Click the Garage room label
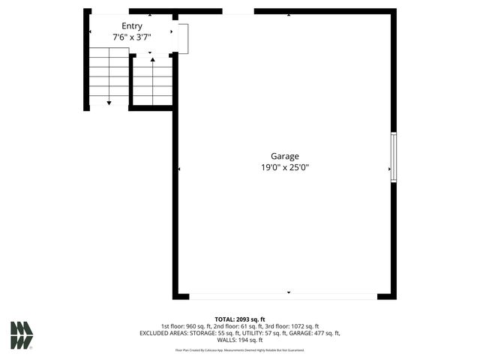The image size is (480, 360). point(285,156)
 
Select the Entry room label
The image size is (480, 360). point(132,26)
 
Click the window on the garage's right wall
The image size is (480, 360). point(393,157)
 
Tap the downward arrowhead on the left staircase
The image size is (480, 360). point(109,102)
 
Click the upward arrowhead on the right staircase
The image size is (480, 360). point(153,58)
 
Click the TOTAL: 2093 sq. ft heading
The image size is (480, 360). point(240,319)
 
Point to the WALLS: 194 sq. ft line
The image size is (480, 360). point(240,340)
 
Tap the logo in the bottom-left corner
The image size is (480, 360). point(22,335)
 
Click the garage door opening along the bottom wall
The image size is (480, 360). point(283,296)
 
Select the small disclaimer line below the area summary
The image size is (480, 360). point(240,350)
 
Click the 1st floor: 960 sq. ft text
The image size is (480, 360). point(187,326)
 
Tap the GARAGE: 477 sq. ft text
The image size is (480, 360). point(316,333)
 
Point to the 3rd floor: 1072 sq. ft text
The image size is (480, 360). point(292,326)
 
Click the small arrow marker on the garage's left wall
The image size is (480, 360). point(180,169)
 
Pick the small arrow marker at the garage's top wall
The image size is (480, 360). point(289,14)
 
